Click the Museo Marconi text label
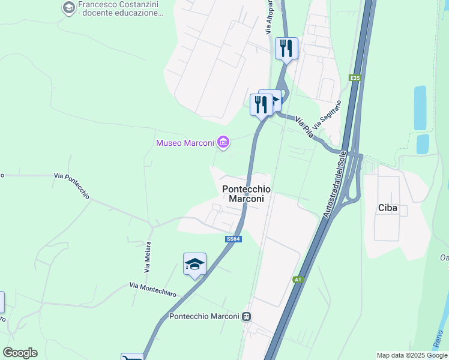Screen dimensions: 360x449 (185, 143)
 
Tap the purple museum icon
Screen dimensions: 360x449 (223, 142)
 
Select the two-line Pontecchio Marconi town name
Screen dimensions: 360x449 (246, 193)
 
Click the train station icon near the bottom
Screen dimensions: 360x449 (246, 317)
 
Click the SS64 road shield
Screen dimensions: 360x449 (234, 239)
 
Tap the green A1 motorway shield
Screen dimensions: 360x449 (298, 280)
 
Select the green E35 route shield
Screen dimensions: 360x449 (355, 77)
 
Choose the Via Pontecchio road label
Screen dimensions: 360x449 (71, 185)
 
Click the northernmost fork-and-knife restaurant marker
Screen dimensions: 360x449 (286, 48)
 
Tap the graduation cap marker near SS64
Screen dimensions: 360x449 (194, 264)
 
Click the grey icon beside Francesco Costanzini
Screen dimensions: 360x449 (68, 8)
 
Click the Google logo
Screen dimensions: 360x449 (20, 353)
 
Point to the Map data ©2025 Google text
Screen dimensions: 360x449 (412, 355)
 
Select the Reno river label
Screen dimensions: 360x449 (441, 339)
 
